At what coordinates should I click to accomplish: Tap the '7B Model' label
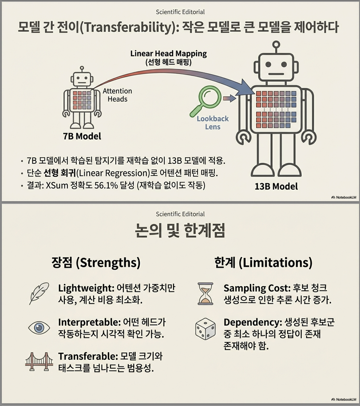(82, 136)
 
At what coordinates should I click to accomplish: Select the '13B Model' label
(276, 187)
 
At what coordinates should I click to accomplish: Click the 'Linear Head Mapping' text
(169, 54)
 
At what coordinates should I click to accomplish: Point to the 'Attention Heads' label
(117, 95)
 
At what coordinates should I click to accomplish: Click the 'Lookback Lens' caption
(213, 123)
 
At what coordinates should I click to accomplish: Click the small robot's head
(82, 79)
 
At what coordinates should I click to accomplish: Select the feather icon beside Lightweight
(39, 293)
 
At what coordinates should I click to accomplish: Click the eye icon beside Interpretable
(39, 327)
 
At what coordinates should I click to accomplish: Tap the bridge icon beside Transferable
(39, 362)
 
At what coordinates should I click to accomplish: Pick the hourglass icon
(206, 294)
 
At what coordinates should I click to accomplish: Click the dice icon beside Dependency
(206, 329)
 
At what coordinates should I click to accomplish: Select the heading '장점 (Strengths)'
(96, 263)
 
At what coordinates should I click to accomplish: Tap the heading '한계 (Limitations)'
(263, 263)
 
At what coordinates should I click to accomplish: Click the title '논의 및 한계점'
(180, 230)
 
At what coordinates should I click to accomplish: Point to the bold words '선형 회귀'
(59, 173)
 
